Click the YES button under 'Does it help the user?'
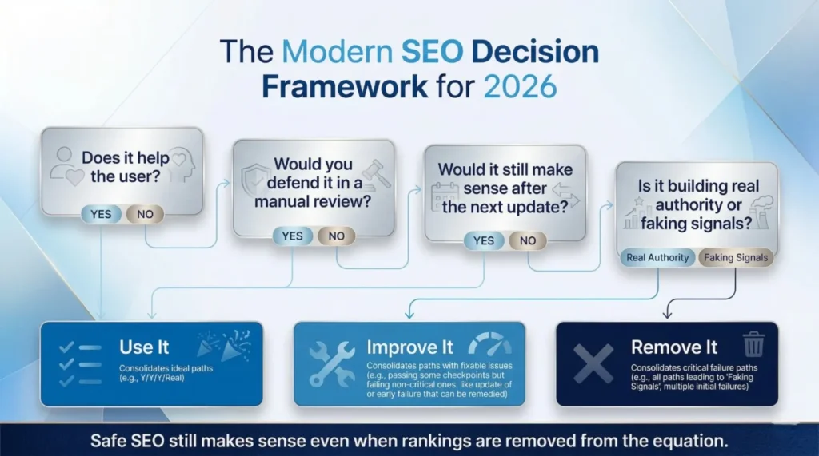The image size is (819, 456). tap(102, 213)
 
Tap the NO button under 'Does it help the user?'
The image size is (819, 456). tap(145, 213)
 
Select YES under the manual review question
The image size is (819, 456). tap(293, 236)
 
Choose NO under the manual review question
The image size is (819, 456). tap(336, 236)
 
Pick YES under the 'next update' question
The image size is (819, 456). tap(484, 240)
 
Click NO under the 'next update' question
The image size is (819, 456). tap(527, 240)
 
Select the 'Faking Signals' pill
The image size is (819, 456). tap(736, 257)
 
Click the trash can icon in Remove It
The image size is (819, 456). tap(753, 344)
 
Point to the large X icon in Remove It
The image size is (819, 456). tap(594, 363)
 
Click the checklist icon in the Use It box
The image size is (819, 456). tap(79, 363)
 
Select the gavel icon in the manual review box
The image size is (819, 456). tap(372, 173)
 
